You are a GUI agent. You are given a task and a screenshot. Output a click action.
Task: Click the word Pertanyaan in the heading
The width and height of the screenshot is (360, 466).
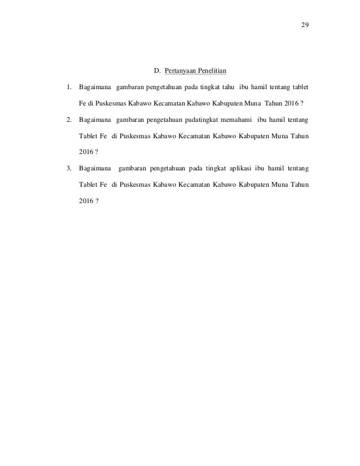pyautogui.click(x=182, y=72)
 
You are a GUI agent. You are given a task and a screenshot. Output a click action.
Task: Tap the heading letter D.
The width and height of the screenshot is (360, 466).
pyautogui.click(x=157, y=72)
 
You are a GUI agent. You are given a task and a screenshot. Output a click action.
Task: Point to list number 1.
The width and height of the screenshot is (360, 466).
pyautogui.click(x=68, y=88)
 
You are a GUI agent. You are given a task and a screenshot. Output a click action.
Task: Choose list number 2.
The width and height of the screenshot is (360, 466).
pyautogui.click(x=68, y=120)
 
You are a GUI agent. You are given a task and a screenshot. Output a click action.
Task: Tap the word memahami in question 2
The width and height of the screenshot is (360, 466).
pyautogui.click(x=234, y=120)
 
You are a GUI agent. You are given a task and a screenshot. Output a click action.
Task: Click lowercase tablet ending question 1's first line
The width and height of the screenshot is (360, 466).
pyautogui.click(x=299, y=88)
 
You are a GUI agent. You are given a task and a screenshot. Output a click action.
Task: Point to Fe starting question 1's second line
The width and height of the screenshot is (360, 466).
pyautogui.click(x=83, y=104)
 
